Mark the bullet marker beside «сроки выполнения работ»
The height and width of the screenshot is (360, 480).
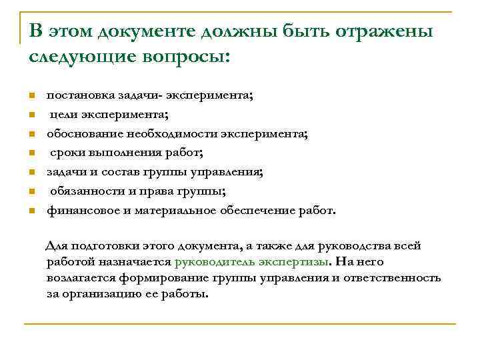click(x=31, y=154)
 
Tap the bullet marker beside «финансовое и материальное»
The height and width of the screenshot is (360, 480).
click(x=31, y=212)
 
